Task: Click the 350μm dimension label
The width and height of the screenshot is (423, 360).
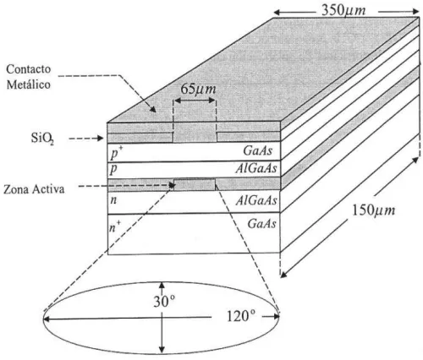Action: (x=343, y=10)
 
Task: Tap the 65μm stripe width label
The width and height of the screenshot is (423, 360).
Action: (x=198, y=89)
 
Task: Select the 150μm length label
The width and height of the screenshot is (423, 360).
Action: (x=374, y=210)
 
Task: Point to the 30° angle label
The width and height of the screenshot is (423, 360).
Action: (x=165, y=301)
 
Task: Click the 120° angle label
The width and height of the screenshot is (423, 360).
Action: (x=242, y=316)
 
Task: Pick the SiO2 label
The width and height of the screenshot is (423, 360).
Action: (x=42, y=139)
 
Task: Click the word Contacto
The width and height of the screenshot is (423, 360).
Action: (x=29, y=69)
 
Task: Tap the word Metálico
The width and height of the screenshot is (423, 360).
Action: (x=29, y=85)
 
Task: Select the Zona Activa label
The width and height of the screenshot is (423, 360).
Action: (x=34, y=189)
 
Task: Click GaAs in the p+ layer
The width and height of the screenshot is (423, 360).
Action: (x=258, y=150)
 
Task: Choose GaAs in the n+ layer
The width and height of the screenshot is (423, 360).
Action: (x=261, y=224)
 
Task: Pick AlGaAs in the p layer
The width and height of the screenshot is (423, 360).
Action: (x=256, y=168)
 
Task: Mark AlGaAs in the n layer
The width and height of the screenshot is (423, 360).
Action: (x=256, y=200)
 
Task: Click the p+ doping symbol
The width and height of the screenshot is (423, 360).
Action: (x=116, y=153)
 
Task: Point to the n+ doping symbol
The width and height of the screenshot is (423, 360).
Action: (x=115, y=226)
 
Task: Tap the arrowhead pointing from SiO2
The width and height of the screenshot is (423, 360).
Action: (x=100, y=138)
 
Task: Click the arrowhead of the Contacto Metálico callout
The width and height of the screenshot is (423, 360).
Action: (x=152, y=109)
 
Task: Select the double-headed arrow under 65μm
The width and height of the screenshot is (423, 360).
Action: (x=195, y=101)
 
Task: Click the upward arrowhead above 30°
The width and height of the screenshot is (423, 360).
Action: (x=162, y=285)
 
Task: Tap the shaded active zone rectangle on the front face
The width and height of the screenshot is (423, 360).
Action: (x=195, y=185)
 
